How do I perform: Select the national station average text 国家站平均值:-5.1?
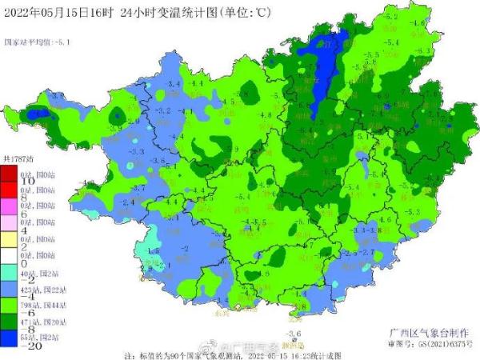pyautogui.click(x=37, y=42)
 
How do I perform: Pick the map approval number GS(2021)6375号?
pyautogui.click(x=431, y=344)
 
